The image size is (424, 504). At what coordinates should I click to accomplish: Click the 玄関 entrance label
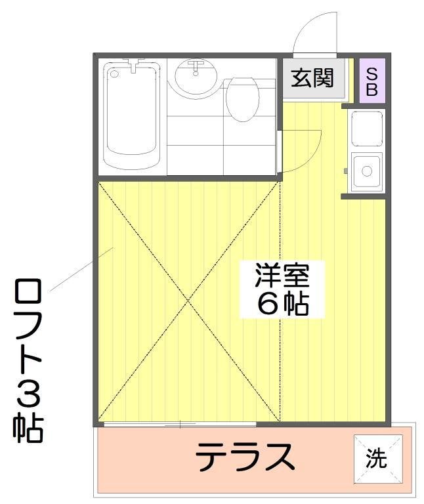pos(312,78)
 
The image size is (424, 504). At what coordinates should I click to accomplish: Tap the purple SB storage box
pos(372,81)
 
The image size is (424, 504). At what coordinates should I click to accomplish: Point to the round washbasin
pos(196,76)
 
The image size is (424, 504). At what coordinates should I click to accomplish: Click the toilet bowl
pos(243,100)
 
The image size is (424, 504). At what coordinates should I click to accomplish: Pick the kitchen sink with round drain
pos(367,171)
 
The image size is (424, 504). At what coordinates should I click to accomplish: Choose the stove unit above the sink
pos(367,128)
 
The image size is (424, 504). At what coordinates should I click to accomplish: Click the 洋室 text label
pos(282,275)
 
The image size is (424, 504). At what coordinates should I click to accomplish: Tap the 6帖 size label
pos(282,304)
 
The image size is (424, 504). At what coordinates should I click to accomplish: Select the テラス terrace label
pos(245,457)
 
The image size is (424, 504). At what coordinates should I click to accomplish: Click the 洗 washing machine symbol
pos(377,459)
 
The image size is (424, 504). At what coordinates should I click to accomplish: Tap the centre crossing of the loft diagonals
pos(188,301)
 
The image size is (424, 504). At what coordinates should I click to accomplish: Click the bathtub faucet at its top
pos(133,64)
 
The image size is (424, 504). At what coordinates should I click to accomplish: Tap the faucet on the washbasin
pos(196,66)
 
